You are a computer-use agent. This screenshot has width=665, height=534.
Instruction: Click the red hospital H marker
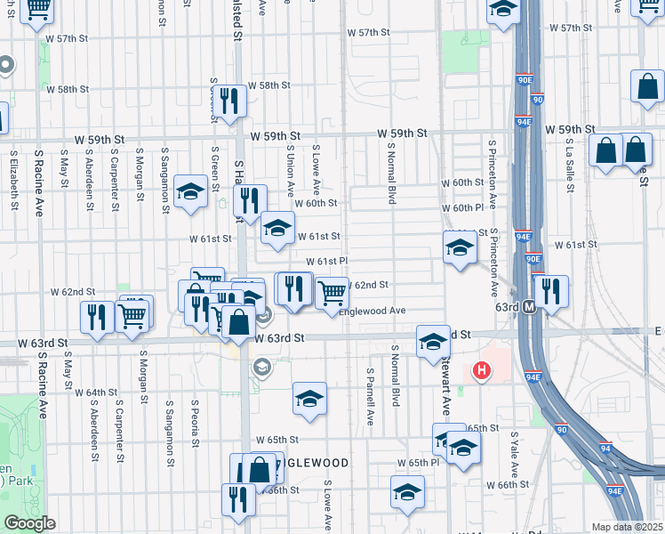[x=482, y=369]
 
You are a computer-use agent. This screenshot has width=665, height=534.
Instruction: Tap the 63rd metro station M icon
[x=529, y=306]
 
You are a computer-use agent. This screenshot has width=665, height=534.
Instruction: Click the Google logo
[x=29, y=523]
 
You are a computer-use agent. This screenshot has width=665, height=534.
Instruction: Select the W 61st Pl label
[x=326, y=262]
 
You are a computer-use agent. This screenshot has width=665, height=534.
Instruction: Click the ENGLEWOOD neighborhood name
[x=316, y=464]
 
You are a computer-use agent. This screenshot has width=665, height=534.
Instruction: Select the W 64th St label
[x=96, y=392]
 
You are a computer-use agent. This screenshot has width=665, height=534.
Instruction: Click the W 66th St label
[x=509, y=484]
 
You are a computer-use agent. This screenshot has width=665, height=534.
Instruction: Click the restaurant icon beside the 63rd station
[x=551, y=292]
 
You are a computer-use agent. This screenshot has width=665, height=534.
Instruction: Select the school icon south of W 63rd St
[x=309, y=399]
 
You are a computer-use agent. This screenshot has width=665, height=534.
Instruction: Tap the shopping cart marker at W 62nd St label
[x=332, y=291]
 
